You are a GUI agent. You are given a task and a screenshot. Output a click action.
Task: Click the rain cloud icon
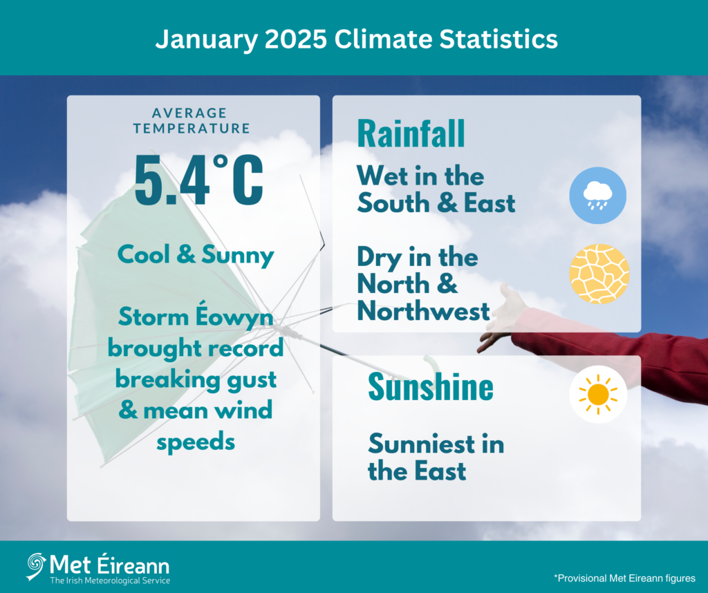tap(597, 196)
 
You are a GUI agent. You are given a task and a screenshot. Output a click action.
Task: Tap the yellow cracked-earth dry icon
tap(599, 274)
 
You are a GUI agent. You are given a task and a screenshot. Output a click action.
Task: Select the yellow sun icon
tap(598, 395)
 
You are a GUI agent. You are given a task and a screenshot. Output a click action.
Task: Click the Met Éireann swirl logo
tap(36, 566)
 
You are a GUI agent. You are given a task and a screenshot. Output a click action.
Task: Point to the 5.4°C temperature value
tap(198, 180)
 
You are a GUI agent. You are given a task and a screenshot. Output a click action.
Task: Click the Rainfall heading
tap(411, 133)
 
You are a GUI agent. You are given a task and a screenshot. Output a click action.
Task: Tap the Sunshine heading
tap(431, 387)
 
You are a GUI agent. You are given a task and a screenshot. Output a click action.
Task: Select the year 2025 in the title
tap(295, 39)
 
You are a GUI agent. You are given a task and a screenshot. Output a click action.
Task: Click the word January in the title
tap(207, 40)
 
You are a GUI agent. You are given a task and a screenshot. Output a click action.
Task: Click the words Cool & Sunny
tap(196, 255)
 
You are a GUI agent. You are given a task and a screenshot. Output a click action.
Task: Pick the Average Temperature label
tap(192, 120)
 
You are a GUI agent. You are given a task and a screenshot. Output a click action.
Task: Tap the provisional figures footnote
tap(624, 578)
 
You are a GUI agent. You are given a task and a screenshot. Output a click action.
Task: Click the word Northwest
tap(424, 312)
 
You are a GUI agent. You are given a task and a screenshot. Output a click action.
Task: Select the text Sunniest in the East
tap(436, 457)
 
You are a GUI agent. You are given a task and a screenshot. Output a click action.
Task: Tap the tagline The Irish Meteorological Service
tap(110, 581)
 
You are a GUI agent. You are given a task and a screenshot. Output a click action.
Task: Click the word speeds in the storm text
tap(196, 442)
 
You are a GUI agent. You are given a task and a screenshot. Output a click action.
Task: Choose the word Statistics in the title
tap(499, 39)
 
